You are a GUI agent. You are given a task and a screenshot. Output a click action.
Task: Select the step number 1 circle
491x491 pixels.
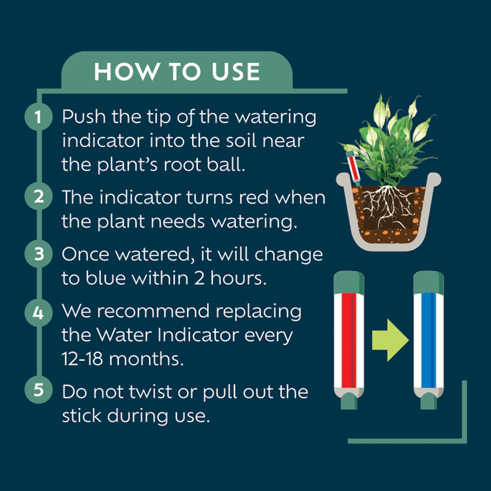(38, 117)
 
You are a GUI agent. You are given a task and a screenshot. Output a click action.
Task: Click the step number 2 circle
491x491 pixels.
(38, 196)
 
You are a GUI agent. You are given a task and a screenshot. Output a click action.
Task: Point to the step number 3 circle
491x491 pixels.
(38, 254)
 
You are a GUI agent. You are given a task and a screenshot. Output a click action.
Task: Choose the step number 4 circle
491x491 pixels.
(38, 313)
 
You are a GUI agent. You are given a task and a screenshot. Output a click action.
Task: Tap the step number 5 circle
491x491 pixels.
(38, 390)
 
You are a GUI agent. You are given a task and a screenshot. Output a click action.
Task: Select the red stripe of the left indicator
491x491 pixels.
(348, 340)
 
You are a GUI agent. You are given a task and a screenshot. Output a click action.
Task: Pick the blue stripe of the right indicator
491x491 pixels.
(428, 340)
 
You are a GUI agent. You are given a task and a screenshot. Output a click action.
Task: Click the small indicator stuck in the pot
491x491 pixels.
(354, 168)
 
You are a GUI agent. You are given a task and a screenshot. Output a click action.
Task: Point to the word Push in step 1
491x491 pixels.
(84, 117)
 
